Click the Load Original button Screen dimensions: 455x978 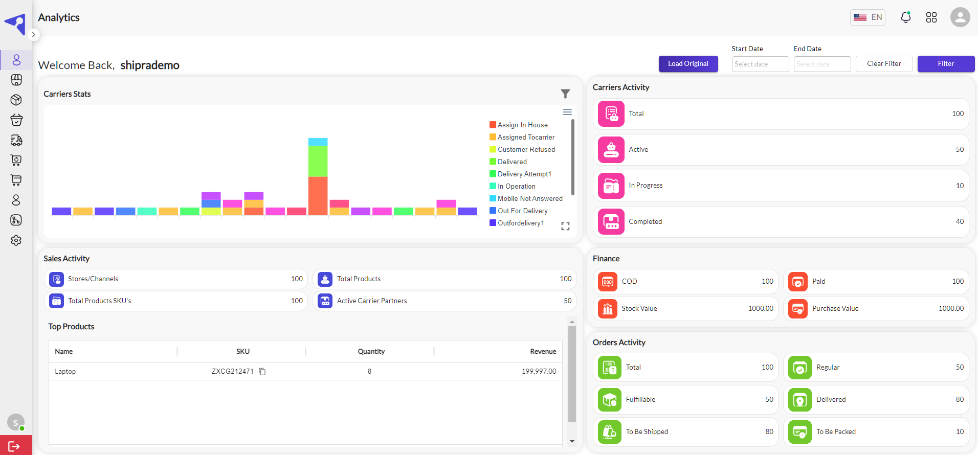(x=688, y=64)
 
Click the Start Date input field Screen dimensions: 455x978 (x=760, y=64)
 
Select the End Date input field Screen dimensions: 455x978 (x=822, y=64)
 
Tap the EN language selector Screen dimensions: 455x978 (x=868, y=17)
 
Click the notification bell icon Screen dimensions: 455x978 (x=906, y=17)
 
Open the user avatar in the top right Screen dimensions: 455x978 (x=960, y=17)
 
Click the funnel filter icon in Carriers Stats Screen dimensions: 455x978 (x=565, y=94)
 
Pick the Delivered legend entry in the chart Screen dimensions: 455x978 (x=512, y=162)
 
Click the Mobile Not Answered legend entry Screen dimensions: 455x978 (x=530, y=198)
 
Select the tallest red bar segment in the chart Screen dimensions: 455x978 (x=318, y=196)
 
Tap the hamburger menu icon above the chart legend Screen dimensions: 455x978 (x=567, y=112)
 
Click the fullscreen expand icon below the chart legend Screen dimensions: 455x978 (x=565, y=226)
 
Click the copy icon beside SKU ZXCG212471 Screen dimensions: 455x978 (x=262, y=372)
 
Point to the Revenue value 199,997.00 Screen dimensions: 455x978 (x=539, y=372)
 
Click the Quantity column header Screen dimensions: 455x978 (x=371, y=352)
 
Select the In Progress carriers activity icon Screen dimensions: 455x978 (x=611, y=186)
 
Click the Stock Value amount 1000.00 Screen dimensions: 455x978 (x=761, y=309)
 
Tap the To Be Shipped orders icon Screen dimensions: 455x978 (x=610, y=432)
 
